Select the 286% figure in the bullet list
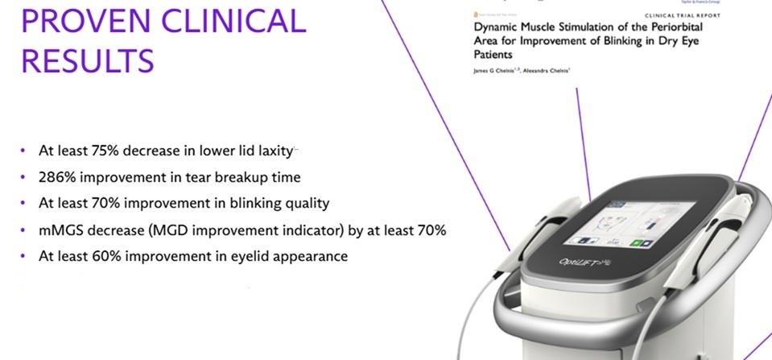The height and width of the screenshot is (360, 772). [56, 176]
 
